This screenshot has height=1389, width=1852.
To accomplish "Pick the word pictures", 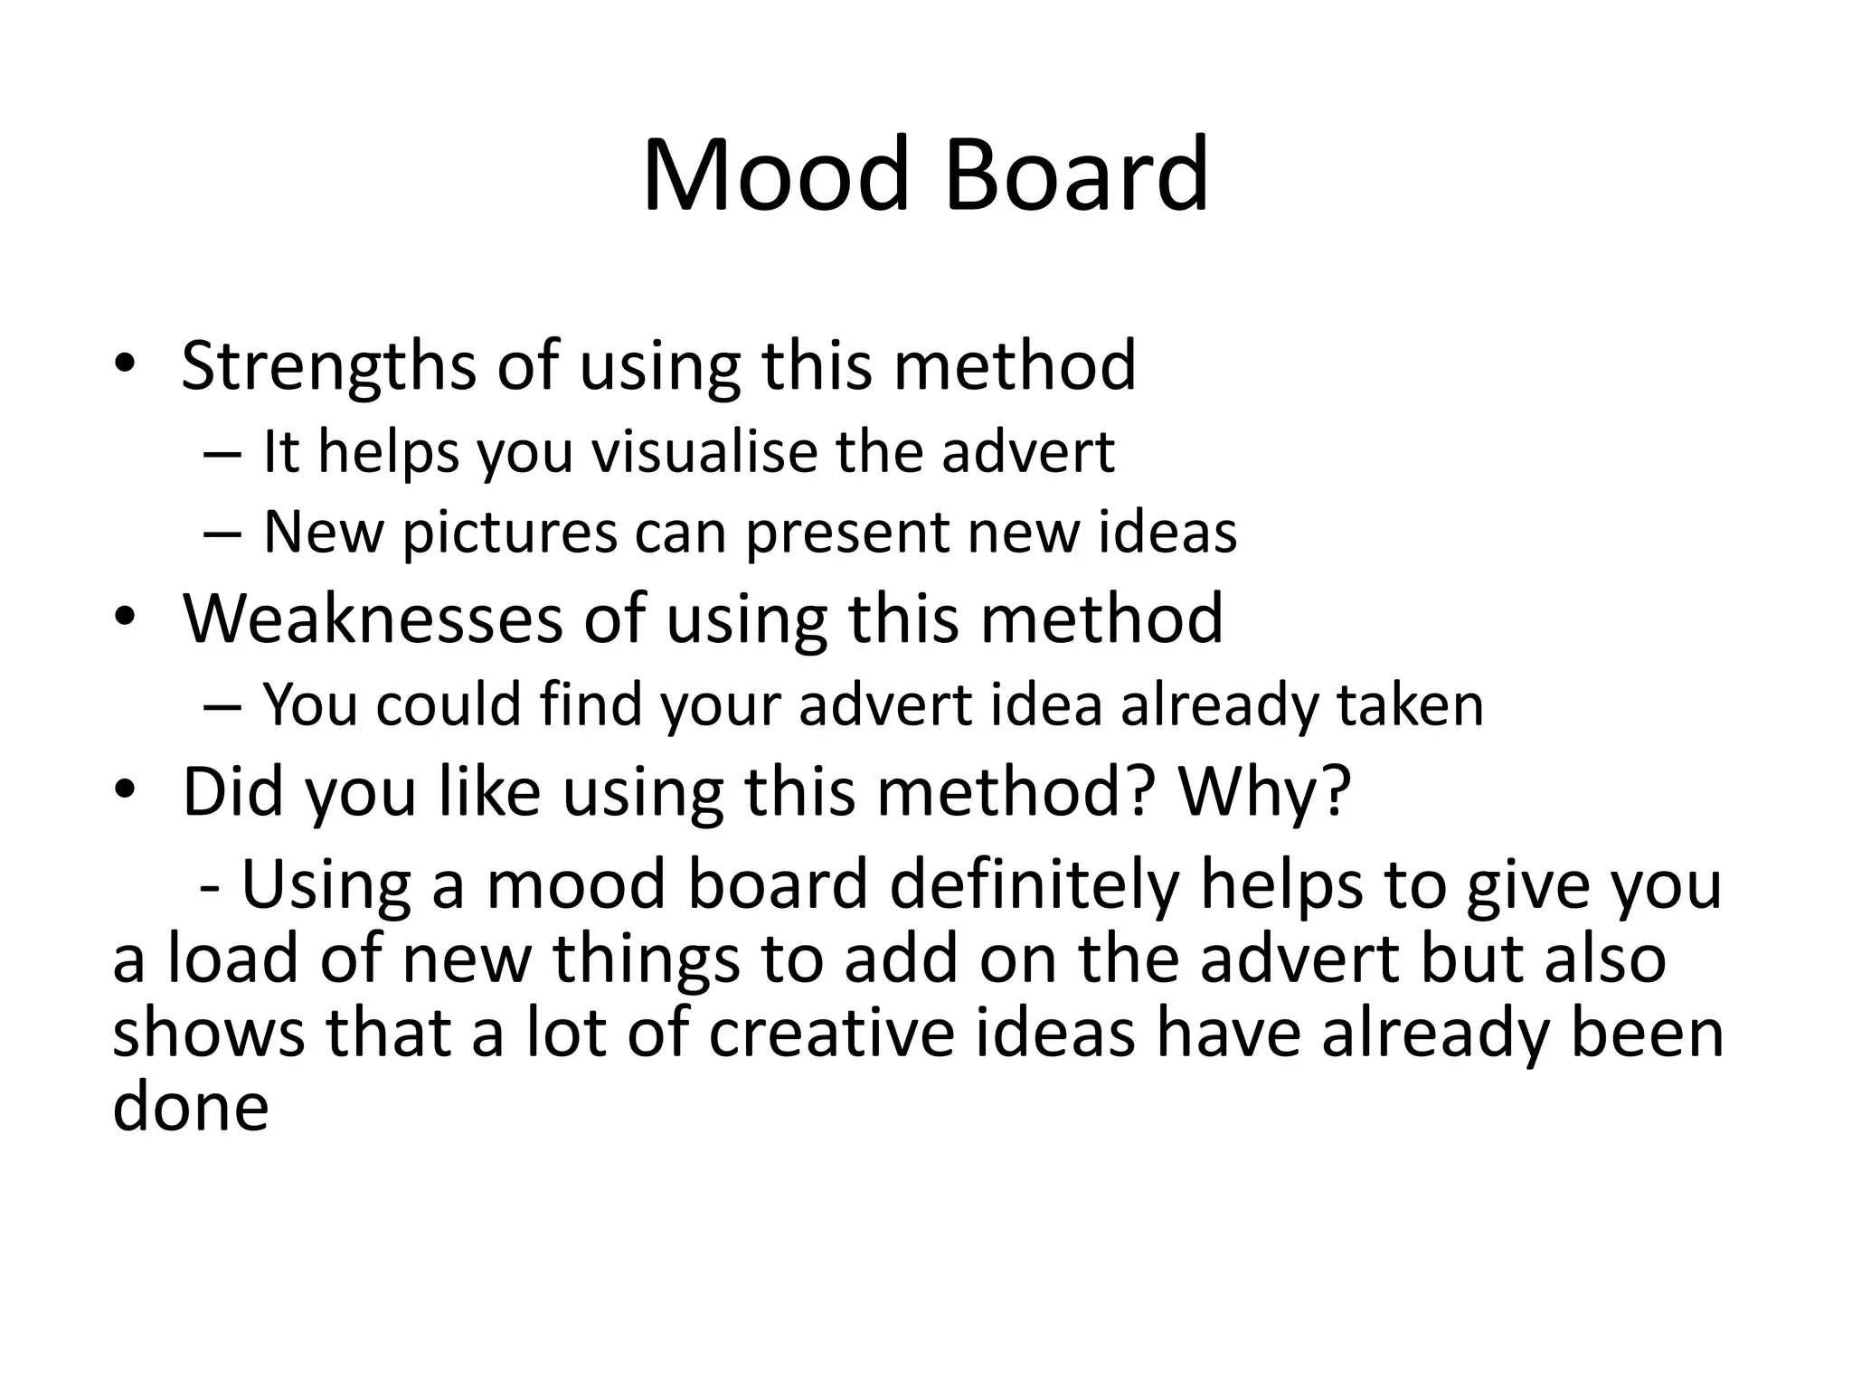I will coord(510,534).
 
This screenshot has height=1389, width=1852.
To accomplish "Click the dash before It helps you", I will coord(222,452).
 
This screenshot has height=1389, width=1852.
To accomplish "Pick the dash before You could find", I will coord(222,705).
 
